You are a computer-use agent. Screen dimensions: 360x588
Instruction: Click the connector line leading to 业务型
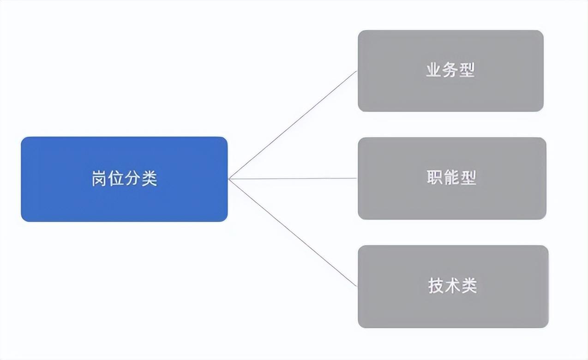(x=294, y=125)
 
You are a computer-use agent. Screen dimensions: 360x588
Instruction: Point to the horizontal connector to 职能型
(x=294, y=179)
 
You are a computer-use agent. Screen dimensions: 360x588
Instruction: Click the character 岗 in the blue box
(x=99, y=179)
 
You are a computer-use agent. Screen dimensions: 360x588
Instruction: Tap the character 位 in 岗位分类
(x=116, y=179)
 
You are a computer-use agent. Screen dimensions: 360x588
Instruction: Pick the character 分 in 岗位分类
(x=132, y=179)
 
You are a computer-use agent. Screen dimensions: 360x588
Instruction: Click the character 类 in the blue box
(x=149, y=179)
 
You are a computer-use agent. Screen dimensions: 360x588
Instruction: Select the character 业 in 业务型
(x=433, y=70)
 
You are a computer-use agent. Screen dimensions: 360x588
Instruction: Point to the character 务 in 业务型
(x=450, y=70)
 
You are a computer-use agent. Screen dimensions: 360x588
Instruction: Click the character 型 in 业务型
(x=467, y=70)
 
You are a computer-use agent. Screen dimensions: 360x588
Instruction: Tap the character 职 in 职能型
(x=435, y=178)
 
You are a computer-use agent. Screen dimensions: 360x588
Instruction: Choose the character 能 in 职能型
(x=451, y=178)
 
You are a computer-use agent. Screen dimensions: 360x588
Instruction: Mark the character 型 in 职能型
(x=468, y=178)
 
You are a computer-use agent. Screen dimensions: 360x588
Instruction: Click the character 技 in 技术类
(x=436, y=286)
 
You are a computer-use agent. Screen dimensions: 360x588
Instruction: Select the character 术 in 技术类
(x=452, y=286)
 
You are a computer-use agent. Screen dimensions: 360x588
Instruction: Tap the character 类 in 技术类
(x=469, y=286)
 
